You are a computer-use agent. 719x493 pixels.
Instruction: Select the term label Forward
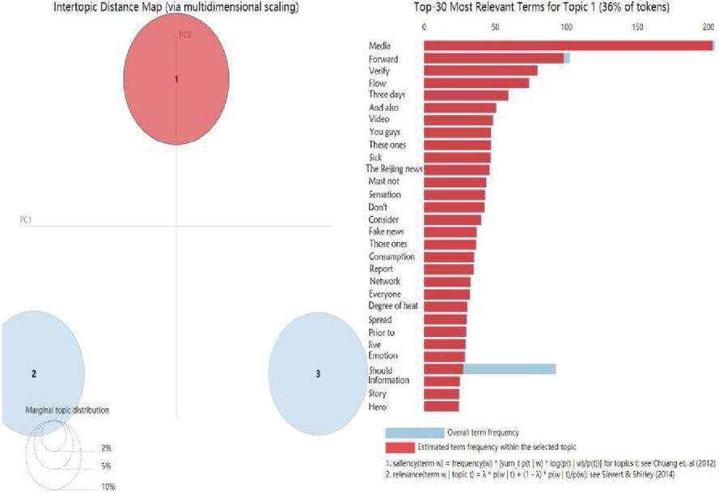(x=382, y=58)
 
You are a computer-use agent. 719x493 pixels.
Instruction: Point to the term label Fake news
(x=385, y=232)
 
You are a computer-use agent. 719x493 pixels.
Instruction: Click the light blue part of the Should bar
(x=510, y=369)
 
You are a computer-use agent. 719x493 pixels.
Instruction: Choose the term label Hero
(x=378, y=406)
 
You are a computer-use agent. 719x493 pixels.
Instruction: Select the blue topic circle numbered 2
(x=40, y=374)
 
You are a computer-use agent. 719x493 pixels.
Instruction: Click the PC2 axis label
(x=184, y=35)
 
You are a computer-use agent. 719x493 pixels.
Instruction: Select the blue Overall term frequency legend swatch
(x=414, y=432)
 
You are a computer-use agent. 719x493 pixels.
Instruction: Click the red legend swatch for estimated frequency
(x=400, y=447)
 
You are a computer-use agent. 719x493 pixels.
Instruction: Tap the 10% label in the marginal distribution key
(x=108, y=487)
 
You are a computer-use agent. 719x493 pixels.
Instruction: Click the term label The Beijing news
(x=394, y=169)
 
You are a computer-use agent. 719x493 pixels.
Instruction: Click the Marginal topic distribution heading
(x=67, y=410)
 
